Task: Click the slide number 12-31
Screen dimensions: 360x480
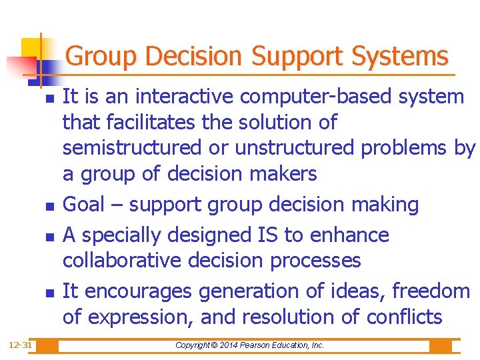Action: tap(21, 345)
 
